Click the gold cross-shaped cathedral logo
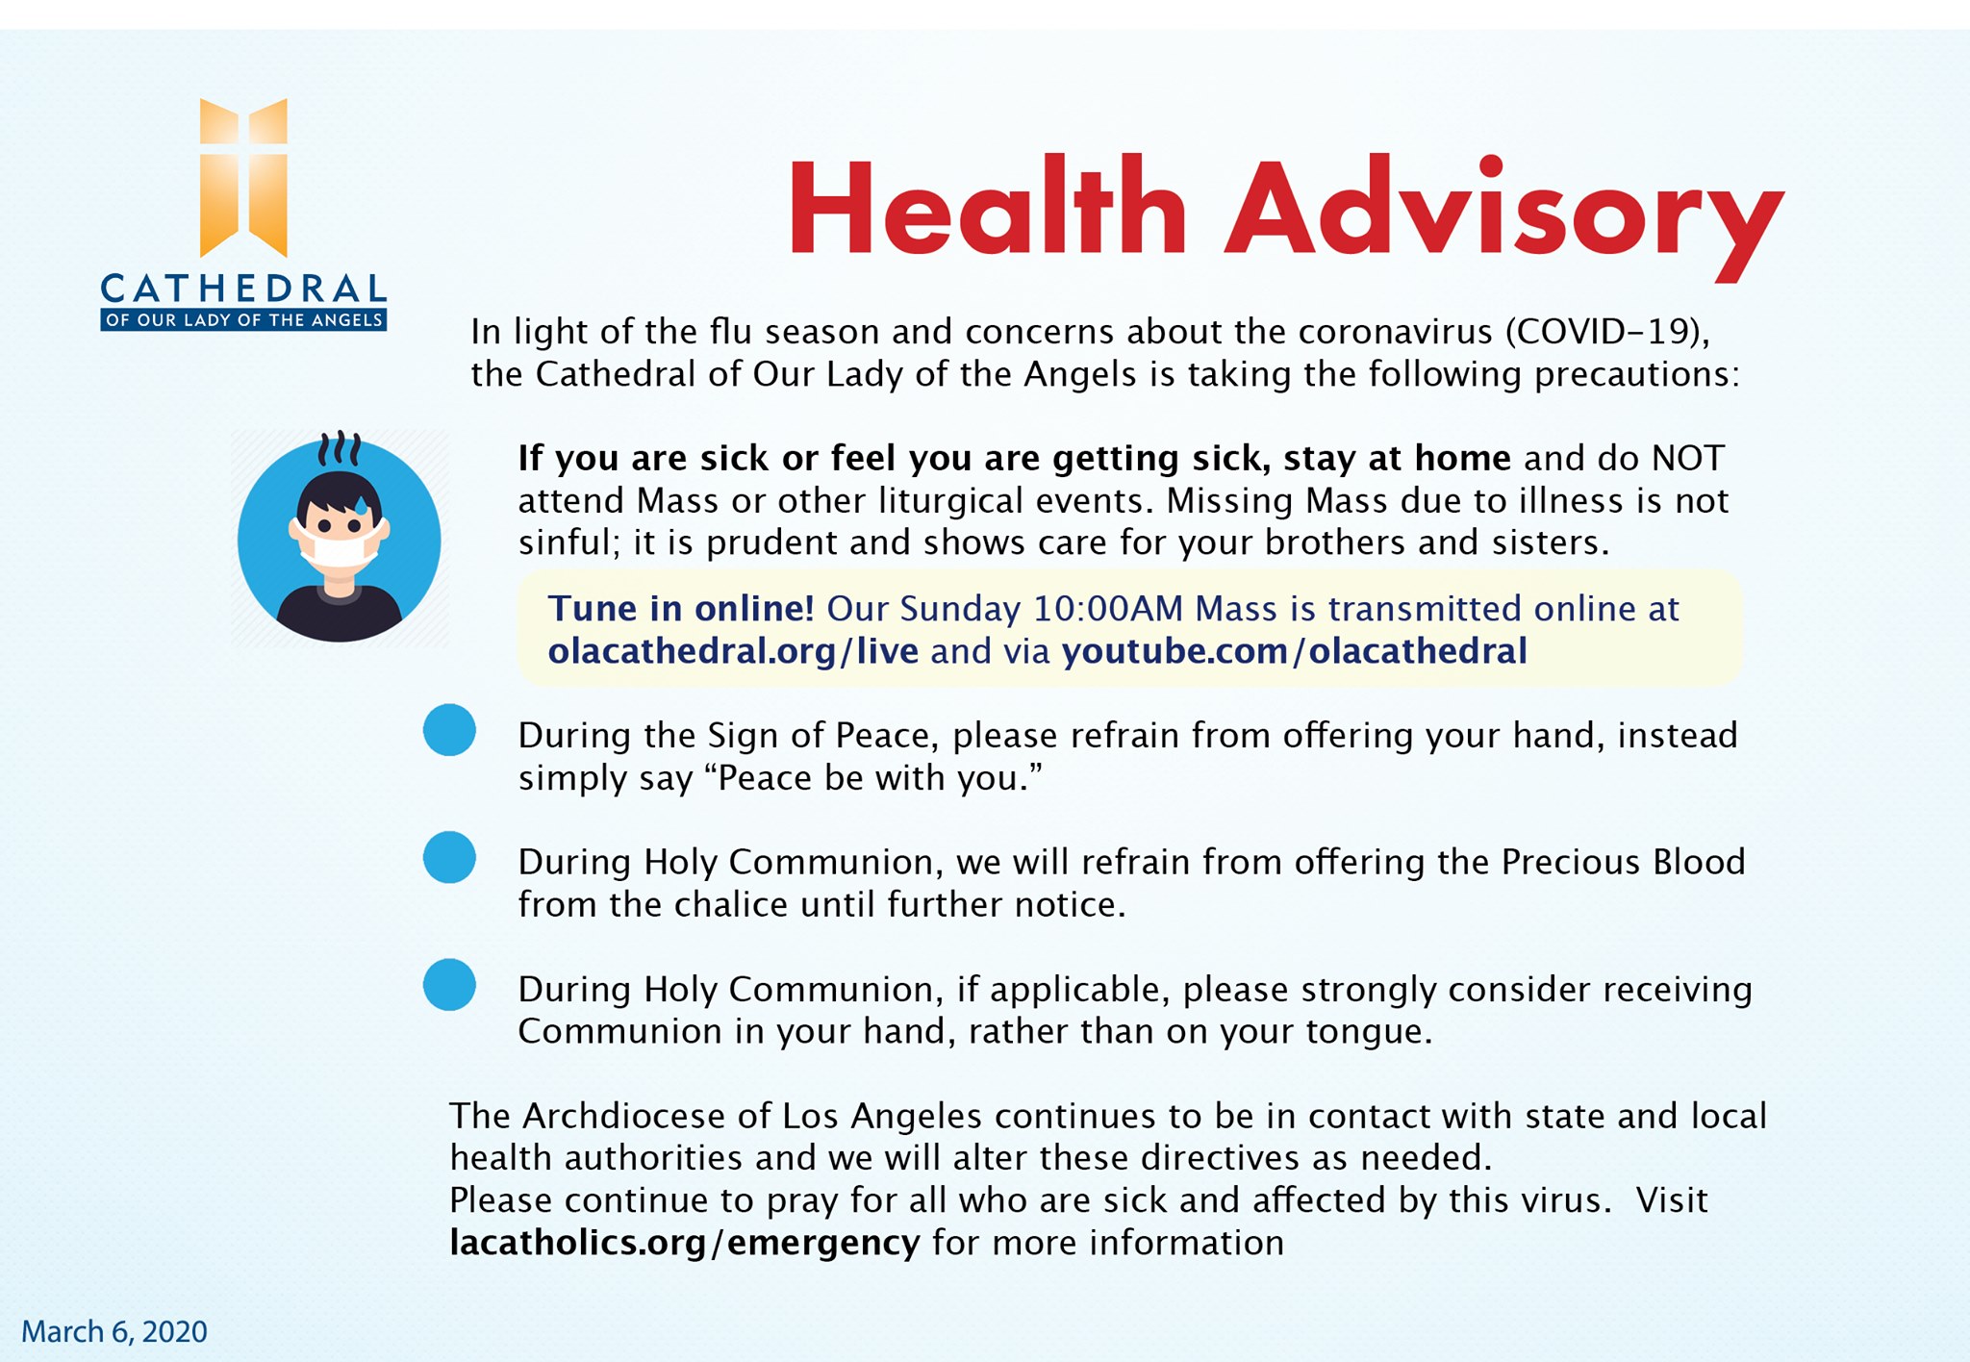[x=243, y=178]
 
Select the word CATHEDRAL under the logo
[x=243, y=289]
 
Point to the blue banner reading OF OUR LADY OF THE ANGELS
[x=243, y=320]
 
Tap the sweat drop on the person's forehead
[x=361, y=504]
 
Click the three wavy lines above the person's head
[x=340, y=449]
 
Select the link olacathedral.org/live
[x=733, y=651]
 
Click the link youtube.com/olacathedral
[x=1294, y=651]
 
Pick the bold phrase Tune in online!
[x=681, y=609]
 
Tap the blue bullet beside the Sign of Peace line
[x=449, y=730]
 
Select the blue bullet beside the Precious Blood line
[x=449, y=857]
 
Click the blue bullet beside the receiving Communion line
[x=449, y=985]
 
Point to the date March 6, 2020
[x=114, y=1331]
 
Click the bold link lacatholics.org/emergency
[x=684, y=1243]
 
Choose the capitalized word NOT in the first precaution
[x=1687, y=459]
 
